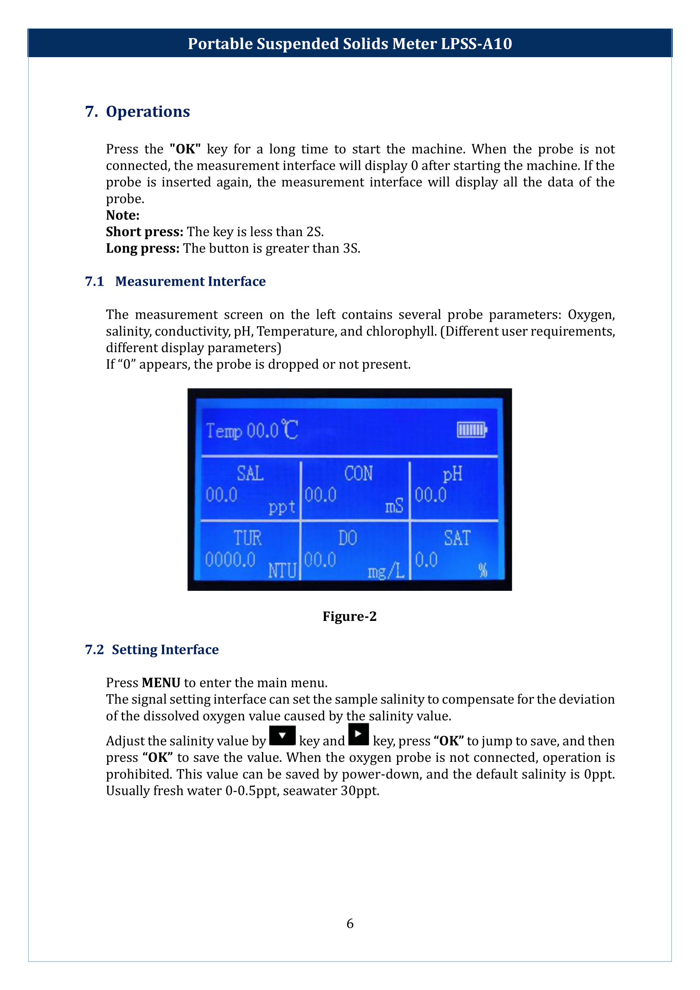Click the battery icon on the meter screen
[472, 430]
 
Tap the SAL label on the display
[250, 474]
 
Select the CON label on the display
[358, 474]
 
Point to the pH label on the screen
[452, 474]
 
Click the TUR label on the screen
[248, 538]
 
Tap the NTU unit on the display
[282, 571]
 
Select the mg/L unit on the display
[386, 572]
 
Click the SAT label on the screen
[457, 538]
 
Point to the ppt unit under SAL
[282, 507]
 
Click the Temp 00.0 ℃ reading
[252, 430]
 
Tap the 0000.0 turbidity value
[230, 560]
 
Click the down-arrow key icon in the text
[282, 736]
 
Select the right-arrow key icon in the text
[358, 734]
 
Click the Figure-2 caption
[350, 616]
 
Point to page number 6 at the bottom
[350, 923]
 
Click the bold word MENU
[161, 683]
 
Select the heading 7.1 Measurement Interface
[176, 281]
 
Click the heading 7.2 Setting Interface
[152, 649]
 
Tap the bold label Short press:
[145, 232]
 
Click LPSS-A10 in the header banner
[476, 44]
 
